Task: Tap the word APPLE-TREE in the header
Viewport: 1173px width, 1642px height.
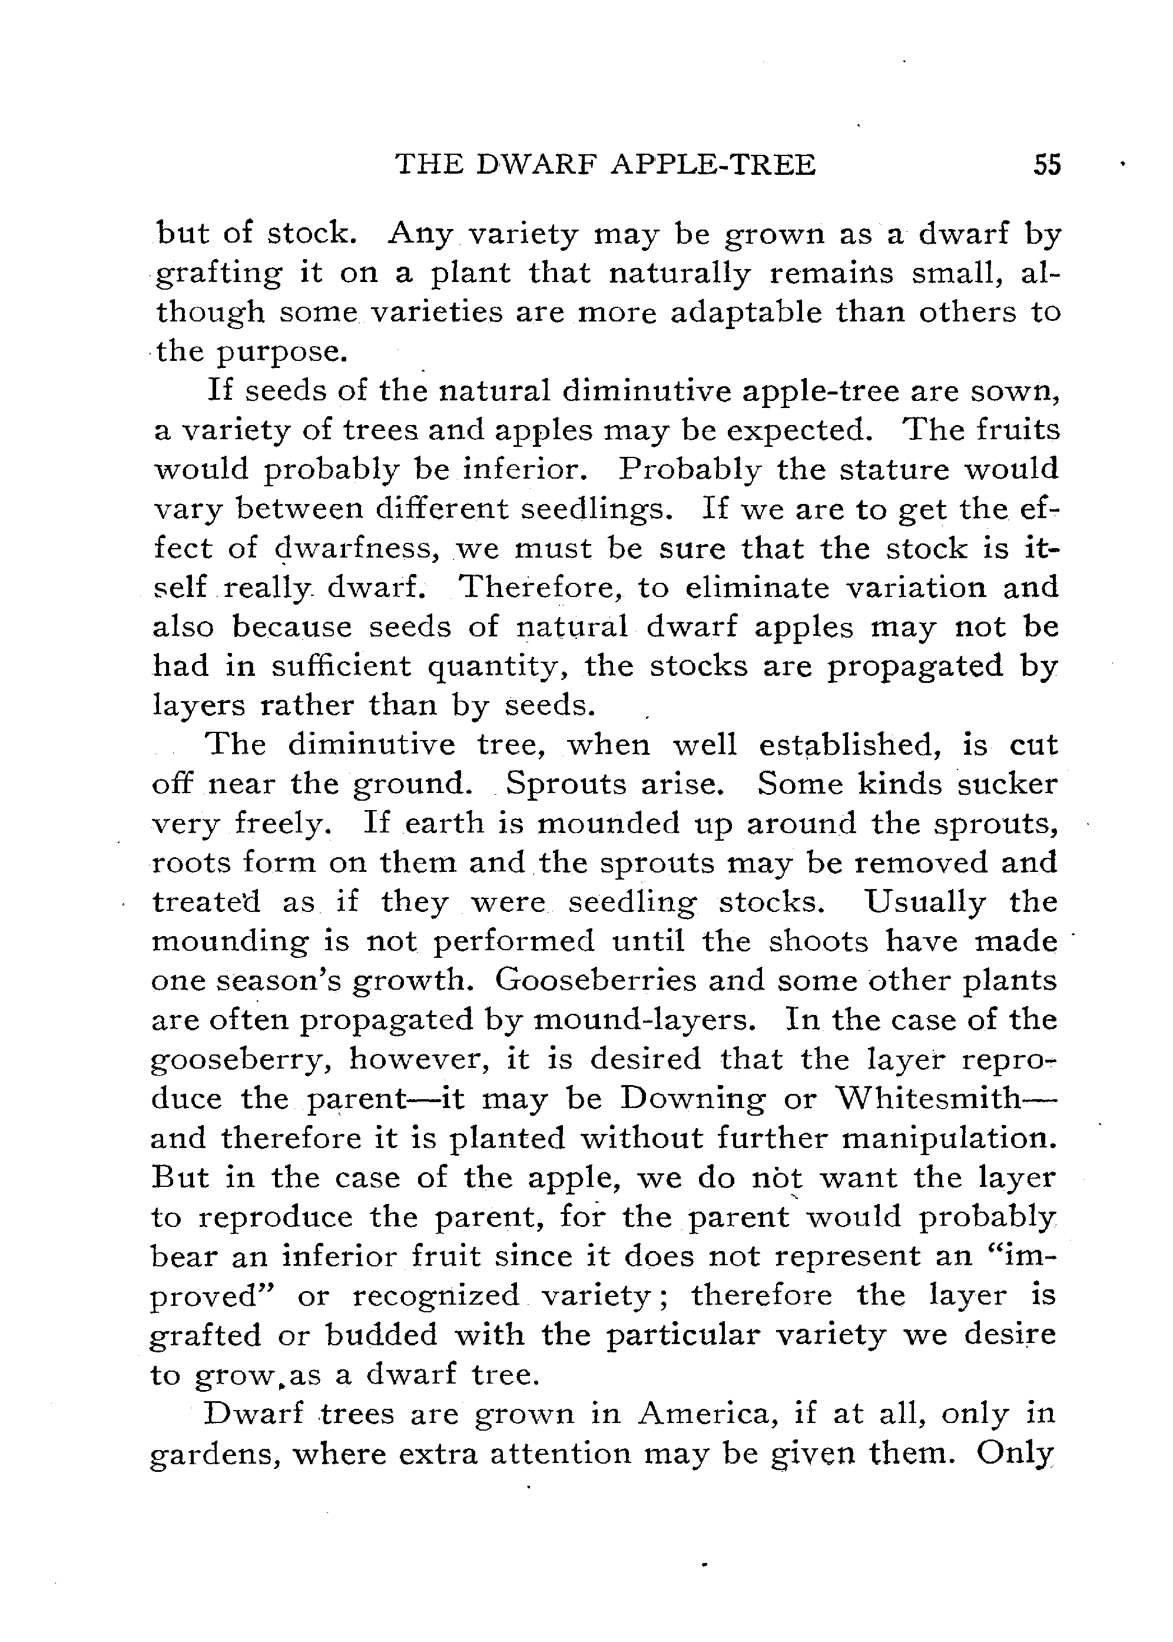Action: pos(714,165)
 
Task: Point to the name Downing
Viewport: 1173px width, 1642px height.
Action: pos(691,1098)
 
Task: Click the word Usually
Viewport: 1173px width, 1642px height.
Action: pos(925,902)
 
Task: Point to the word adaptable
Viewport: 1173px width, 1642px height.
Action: pos(745,313)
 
